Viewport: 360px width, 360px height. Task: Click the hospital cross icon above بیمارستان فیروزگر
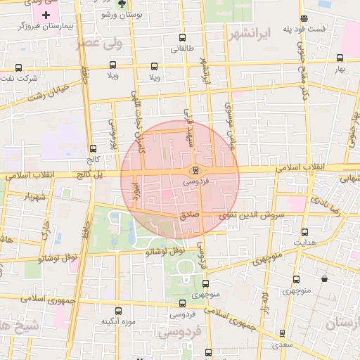[46, 15]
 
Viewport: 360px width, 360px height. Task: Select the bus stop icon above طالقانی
[182, 38]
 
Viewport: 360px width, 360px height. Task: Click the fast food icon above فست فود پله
[304, 18]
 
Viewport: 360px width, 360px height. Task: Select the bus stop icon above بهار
[340, 59]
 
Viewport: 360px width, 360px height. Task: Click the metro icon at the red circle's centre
[195, 170]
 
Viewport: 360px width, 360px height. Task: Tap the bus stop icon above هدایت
[304, 232]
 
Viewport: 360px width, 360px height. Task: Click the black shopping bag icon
[324, 279]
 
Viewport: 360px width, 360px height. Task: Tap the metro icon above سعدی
[282, 333]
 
